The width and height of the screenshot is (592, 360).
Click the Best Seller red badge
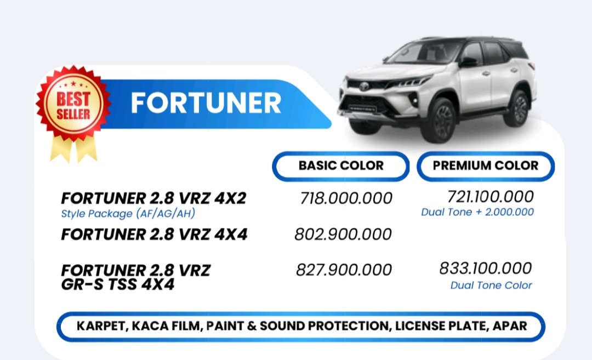(x=73, y=103)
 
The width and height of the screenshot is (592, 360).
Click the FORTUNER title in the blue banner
(x=206, y=103)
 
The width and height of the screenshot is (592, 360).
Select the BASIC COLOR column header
(x=341, y=165)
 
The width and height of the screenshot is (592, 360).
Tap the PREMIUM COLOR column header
(x=486, y=165)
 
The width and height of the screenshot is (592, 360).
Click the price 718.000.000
(x=346, y=198)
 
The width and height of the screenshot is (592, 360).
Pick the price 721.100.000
(x=491, y=197)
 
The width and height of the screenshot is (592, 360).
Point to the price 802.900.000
(x=343, y=235)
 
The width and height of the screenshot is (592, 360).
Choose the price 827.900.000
(x=344, y=270)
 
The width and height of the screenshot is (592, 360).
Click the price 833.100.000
(x=486, y=268)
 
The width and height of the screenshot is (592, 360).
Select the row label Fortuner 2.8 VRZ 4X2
(x=153, y=198)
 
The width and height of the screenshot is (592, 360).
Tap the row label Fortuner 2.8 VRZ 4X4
(x=154, y=235)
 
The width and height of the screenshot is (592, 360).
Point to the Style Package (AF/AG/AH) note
(x=128, y=214)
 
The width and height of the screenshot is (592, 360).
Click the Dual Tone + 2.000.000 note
(x=477, y=212)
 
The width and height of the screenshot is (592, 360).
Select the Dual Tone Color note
(x=491, y=285)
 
